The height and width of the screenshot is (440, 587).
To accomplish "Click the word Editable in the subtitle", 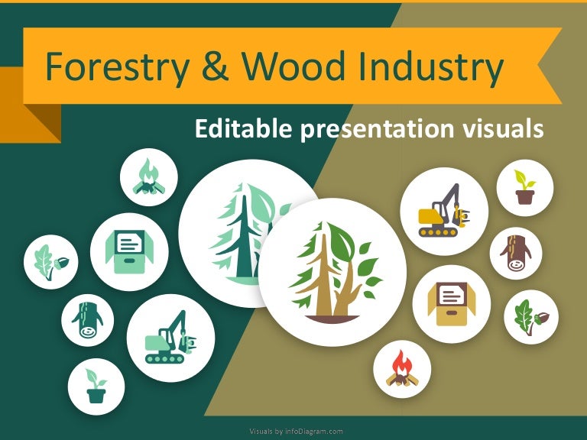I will point(241,129).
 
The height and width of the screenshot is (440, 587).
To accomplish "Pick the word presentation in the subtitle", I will point(376,129).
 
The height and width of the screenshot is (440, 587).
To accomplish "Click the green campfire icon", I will point(148,178).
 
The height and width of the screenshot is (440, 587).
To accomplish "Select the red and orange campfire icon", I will point(402,369).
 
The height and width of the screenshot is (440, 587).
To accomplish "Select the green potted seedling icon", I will point(96,386).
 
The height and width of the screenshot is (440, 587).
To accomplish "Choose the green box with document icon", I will point(129,251).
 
